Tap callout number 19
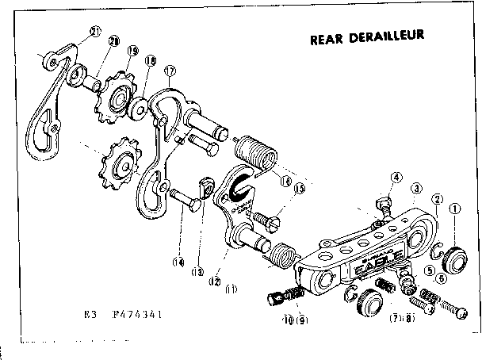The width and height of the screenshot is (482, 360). click(x=132, y=49)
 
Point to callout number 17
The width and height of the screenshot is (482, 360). click(x=169, y=71)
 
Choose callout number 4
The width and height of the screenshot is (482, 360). click(x=396, y=178)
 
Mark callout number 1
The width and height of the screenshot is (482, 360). click(x=454, y=211)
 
